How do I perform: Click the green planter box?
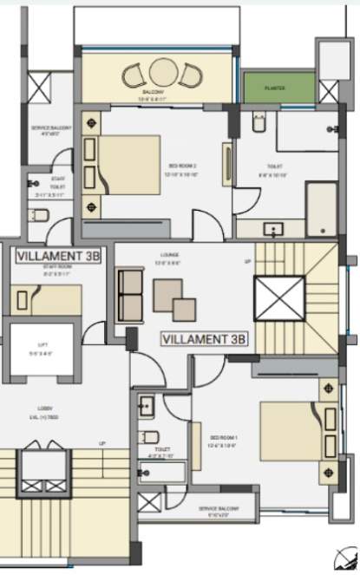click(278, 87)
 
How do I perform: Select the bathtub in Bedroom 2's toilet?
click(321, 208)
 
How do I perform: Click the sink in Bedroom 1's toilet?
click(146, 406)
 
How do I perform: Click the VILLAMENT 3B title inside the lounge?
click(205, 337)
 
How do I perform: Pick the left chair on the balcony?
click(136, 76)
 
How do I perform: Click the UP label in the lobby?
click(103, 444)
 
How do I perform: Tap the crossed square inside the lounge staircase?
click(279, 300)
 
